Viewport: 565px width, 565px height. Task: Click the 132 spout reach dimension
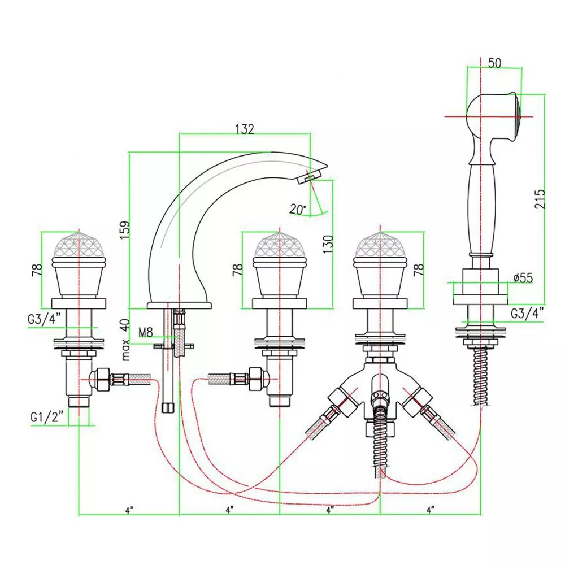pyautogui.click(x=244, y=129)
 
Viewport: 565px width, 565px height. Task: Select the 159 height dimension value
pyautogui.click(x=125, y=230)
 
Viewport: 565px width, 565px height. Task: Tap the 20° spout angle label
pyautogui.click(x=298, y=209)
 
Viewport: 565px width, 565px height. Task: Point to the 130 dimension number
pyautogui.click(x=328, y=244)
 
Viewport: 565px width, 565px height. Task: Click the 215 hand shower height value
pyautogui.click(x=540, y=199)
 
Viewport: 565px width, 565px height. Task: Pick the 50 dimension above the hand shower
pyautogui.click(x=494, y=63)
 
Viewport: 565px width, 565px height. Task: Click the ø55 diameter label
pyautogui.click(x=523, y=278)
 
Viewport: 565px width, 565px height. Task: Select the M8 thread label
pyautogui.click(x=146, y=332)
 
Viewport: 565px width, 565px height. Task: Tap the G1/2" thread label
pyautogui.click(x=47, y=418)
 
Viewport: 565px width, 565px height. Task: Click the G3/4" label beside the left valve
pyautogui.click(x=44, y=319)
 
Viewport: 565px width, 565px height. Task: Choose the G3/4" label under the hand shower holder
pyautogui.click(x=527, y=313)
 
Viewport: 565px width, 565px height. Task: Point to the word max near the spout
pyautogui.click(x=126, y=350)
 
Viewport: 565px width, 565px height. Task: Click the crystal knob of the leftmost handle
pyautogui.click(x=78, y=243)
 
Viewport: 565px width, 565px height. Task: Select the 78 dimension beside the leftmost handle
pyautogui.click(x=37, y=270)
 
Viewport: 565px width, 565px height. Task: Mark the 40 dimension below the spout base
pyautogui.click(x=125, y=325)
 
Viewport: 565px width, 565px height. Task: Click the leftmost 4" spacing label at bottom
pyautogui.click(x=129, y=510)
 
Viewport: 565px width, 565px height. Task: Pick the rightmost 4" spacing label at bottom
pyautogui.click(x=430, y=510)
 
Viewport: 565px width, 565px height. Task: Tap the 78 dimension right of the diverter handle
pyautogui.click(x=419, y=270)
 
